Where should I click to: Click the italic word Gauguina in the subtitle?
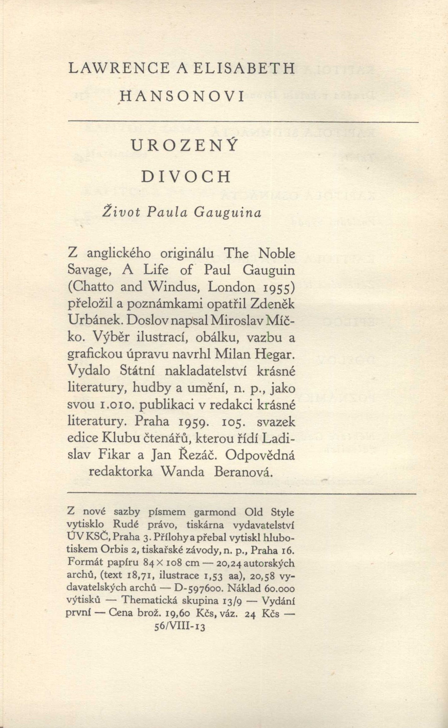(227, 213)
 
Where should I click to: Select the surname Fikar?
(114, 455)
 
